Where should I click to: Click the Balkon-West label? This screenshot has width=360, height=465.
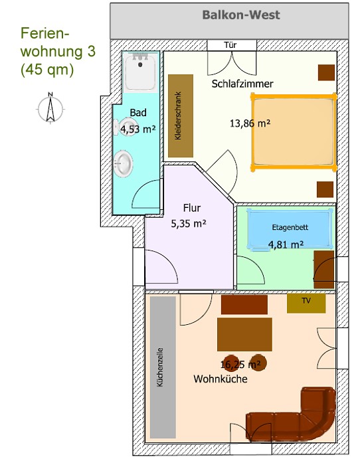(x=241, y=15)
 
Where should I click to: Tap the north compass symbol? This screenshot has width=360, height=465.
(x=50, y=108)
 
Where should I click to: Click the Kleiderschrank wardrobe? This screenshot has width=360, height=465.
(x=181, y=116)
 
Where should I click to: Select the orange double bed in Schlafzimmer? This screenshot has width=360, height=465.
(x=294, y=132)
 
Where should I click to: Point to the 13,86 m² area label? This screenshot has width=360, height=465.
(x=250, y=123)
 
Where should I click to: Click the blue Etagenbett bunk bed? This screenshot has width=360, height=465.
(x=290, y=229)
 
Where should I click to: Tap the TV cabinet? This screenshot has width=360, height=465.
(x=306, y=303)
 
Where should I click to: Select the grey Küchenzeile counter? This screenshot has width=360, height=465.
(x=163, y=367)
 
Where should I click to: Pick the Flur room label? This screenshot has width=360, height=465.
(x=192, y=208)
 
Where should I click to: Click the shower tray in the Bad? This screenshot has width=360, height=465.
(x=140, y=72)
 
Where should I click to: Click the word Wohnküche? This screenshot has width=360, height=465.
(x=221, y=379)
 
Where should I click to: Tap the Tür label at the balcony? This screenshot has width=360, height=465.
(x=230, y=45)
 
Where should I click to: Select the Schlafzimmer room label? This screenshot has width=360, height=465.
(x=242, y=84)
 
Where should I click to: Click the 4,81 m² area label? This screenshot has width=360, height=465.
(x=286, y=244)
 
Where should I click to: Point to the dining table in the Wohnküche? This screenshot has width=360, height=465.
(x=244, y=334)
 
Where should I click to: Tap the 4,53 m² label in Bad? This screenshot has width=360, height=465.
(x=138, y=130)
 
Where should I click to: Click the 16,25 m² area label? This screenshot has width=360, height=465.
(x=240, y=364)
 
